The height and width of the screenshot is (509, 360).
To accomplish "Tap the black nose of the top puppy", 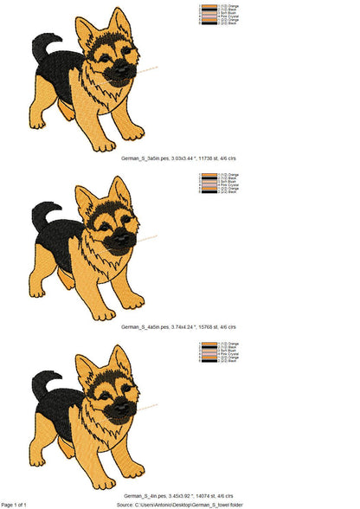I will [127, 68].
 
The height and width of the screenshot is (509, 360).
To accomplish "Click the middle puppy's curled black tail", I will [42, 214].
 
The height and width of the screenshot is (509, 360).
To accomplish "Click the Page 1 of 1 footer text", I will [14, 504].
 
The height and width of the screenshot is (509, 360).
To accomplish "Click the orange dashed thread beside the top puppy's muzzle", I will [149, 68].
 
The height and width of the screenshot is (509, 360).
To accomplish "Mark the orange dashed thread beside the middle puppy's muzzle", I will [149, 236].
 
